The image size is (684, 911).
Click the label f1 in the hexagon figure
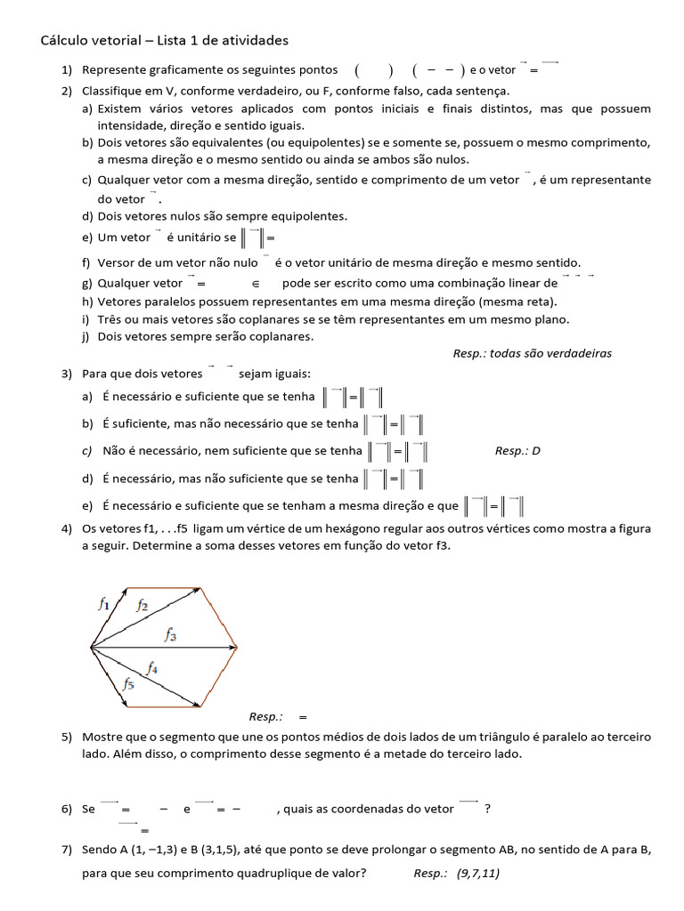click(x=103, y=603)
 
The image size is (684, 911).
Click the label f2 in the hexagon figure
click(x=142, y=605)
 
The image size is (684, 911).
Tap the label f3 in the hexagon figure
click(x=169, y=634)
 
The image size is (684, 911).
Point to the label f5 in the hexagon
click(x=128, y=684)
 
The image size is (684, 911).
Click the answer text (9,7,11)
click(x=478, y=873)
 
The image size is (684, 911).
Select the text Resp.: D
click(x=517, y=450)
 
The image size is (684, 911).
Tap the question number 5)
click(x=67, y=738)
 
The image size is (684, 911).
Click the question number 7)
click(x=67, y=851)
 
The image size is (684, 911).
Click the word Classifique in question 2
click(x=113, y=91)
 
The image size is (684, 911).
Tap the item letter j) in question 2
click(x=86, y=336)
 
